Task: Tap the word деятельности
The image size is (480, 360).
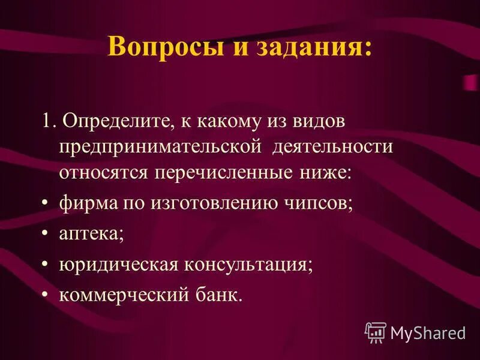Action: [x=334, y=148]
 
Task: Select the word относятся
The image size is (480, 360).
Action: [x=104, y=173]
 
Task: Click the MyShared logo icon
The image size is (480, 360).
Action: [x=376, y=332]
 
